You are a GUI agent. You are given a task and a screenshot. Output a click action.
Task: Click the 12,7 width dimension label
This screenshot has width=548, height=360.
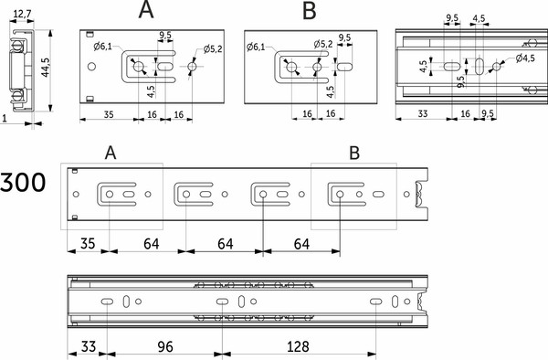(22, 14)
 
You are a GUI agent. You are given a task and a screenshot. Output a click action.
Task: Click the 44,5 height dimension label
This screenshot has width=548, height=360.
(45, 68)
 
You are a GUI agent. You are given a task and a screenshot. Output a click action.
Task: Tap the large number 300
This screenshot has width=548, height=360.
(23, 182)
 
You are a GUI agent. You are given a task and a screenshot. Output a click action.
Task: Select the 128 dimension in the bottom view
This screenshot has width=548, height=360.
(298, 346)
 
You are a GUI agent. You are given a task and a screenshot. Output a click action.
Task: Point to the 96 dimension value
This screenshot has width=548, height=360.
(165, 346)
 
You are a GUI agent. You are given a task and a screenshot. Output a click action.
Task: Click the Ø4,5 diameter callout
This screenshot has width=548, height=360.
(525, 58)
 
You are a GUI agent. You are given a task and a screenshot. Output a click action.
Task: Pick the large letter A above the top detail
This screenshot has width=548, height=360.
(146, 9)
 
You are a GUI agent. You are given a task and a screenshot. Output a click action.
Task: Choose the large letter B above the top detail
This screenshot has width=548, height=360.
(310, 10)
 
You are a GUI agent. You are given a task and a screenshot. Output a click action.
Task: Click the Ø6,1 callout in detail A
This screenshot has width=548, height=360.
(102, 46)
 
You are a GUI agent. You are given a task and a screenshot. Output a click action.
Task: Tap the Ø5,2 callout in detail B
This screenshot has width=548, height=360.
(323, 44)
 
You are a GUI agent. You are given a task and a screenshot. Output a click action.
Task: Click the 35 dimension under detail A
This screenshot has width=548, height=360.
(109, 114)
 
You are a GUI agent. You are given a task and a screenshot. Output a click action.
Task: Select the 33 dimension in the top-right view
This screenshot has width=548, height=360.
(423, 113)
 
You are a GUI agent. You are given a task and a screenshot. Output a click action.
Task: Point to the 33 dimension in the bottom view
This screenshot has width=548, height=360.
(88, 346)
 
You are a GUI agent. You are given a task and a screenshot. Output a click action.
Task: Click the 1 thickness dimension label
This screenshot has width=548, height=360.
(5, 119)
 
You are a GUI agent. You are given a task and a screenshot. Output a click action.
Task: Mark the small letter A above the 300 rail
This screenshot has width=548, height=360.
(111, 153)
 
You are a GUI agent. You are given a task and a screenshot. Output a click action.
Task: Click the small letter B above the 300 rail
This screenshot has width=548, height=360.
(354, 153)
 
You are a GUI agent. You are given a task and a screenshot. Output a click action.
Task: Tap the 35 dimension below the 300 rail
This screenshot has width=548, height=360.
(88, 244)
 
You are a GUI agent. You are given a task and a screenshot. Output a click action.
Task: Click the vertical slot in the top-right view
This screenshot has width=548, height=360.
(479, 66)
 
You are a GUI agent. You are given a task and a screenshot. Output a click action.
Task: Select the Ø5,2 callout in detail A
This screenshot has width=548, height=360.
(213, 49)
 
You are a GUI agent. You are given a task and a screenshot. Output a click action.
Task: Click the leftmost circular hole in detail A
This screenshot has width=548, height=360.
(91, 67)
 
